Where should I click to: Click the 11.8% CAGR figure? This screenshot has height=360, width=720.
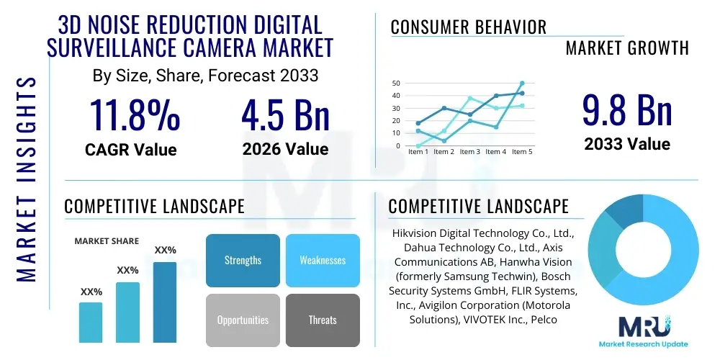click(134, 115)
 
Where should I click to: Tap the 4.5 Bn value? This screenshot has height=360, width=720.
click(285, 115)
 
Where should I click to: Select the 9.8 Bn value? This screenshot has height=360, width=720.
click(626, 112)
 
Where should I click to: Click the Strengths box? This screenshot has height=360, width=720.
click(243, 260)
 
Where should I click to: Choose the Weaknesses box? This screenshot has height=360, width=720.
click(322, 260)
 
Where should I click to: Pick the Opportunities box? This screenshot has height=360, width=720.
click(243, 320)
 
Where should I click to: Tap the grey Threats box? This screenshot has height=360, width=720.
click(322, 320)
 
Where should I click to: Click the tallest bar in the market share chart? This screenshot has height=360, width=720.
click(165, 302)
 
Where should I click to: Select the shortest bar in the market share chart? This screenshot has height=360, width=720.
click(91, 322)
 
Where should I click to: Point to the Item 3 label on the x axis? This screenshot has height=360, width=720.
click(469, 152)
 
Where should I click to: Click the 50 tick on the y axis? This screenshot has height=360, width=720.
click(396, 84)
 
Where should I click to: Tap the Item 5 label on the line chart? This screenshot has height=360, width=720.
click(521, 152)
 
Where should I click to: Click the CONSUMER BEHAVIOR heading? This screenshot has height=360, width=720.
click(468, 27)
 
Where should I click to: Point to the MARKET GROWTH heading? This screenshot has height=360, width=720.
click(626, 48)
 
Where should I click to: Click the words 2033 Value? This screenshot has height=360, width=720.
click(626, 144)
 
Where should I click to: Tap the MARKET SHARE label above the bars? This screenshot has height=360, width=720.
click(107, 241)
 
